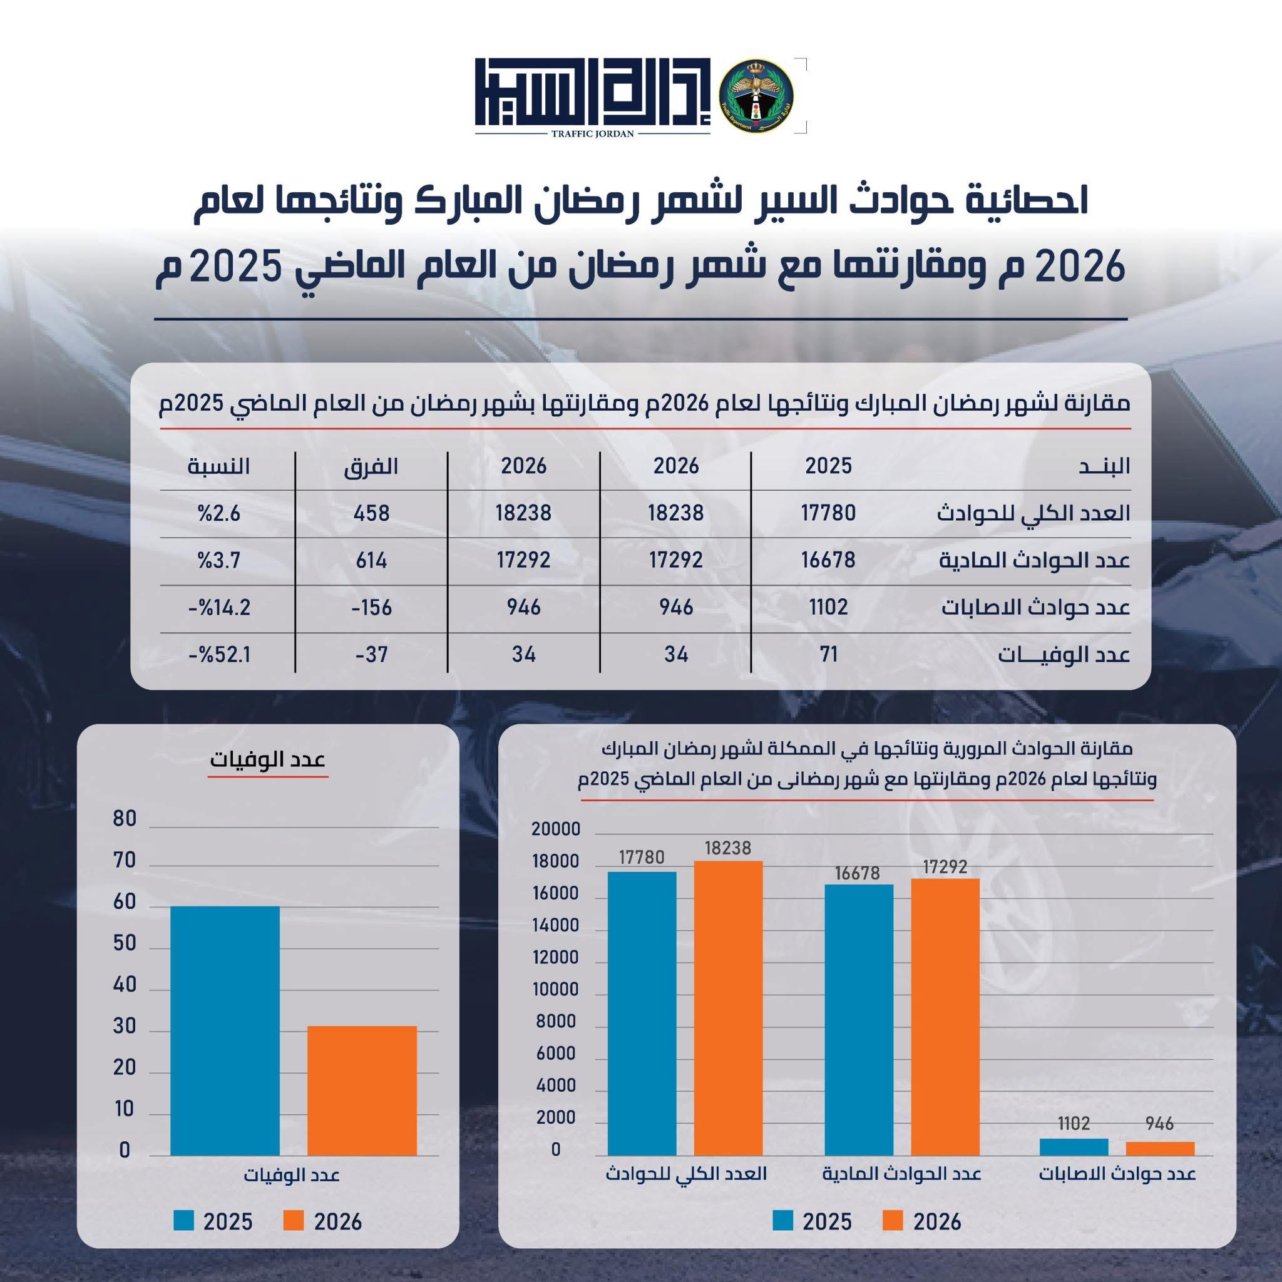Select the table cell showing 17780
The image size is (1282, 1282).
coord(828,513)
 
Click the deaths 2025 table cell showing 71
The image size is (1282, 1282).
coord(828,655)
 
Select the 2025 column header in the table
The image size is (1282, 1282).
coord(828,465)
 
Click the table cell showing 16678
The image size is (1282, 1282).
coord(828,561)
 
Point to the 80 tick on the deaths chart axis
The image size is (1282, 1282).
coord(125,819)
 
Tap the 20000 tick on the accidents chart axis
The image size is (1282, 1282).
coord(555,829)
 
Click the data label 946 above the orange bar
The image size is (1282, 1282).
coord(1160,1124)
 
